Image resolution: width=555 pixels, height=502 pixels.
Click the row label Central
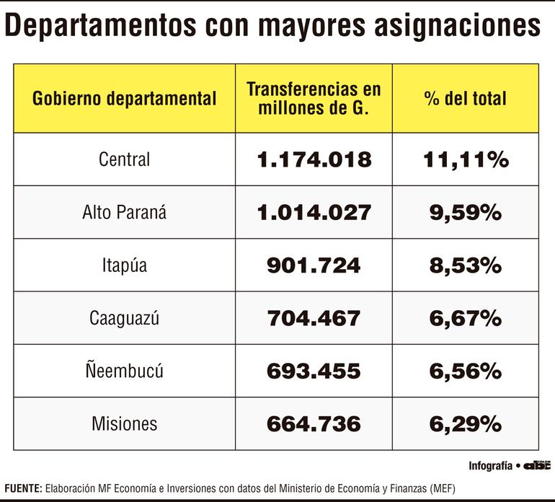[124, 159]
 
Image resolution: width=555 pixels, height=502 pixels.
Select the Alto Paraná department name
[124, 212]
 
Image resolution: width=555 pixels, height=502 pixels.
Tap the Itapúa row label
[124, 265]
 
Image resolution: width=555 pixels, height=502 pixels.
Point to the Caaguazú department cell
[124, 318]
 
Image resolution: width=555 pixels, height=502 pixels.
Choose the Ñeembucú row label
[124, 371]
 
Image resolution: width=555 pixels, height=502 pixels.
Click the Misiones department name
[124, 424]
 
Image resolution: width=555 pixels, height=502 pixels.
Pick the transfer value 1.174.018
[314, 159]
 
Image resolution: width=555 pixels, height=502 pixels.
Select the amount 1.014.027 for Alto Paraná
[314, 212]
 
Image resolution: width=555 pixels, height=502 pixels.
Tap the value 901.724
[314, 265]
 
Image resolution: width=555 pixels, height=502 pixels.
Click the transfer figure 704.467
[314, 318]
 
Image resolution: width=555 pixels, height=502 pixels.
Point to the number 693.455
[314, 371]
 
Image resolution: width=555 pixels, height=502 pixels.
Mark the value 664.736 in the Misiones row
[314, 424]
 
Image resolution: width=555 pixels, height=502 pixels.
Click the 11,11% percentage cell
[465, 159]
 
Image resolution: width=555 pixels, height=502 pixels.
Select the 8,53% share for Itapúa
[465, 265]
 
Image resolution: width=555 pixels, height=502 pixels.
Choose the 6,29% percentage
[465, 424]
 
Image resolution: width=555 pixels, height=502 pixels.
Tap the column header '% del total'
[465, 99]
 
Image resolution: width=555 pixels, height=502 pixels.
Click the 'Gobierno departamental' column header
[124, 99]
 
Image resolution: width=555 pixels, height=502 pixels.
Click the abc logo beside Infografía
[537, 465]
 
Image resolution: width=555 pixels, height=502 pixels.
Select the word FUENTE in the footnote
[22, 487]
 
